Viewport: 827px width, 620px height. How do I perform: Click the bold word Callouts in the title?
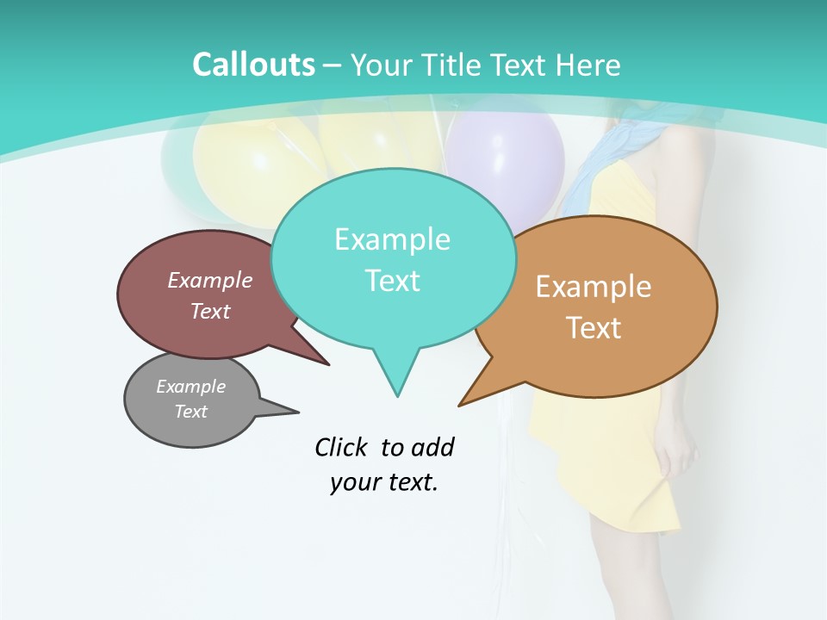point(253,65)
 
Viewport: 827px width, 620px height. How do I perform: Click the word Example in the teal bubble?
point(392,239)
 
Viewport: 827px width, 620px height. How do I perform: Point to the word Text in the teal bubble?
point(392,280)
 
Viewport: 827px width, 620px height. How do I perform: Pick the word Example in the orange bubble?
point(594,287)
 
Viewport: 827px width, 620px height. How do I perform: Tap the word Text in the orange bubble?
point(594,327)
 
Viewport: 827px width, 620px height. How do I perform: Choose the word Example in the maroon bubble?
point(210,280)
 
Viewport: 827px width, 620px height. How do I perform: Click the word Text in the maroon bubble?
point(210,311)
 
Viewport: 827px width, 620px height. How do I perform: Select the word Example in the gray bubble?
point(190,387)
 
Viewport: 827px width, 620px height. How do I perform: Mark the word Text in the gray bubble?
point(190,412)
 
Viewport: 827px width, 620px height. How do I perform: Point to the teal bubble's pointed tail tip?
point(397,396)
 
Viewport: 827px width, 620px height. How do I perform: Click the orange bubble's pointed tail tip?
point(459,406)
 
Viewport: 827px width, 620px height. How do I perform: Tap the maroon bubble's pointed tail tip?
point(329,365)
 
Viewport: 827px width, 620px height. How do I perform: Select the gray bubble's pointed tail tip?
point(298,412)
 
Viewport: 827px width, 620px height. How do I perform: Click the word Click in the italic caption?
point(342,447)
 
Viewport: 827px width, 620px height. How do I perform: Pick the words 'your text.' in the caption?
point(384,482)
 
